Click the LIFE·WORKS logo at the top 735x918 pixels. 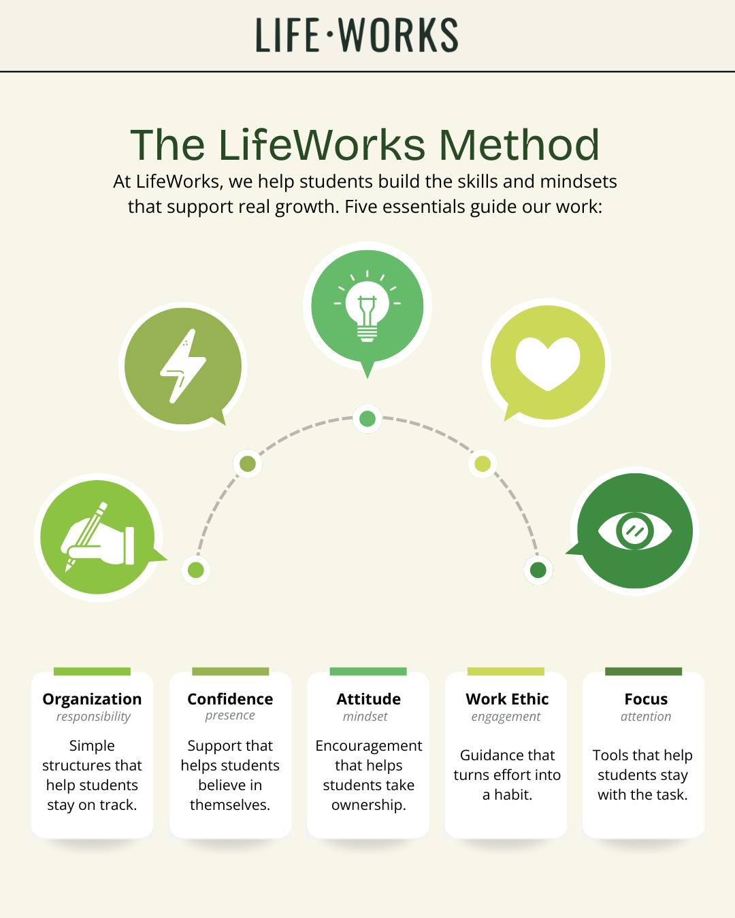(x=357, y=35)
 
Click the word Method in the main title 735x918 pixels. (x=519, y=145)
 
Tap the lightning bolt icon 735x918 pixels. (x=183, y=366)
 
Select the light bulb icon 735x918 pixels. (x=367, y=306)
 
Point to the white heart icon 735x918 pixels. (x=548, y=363)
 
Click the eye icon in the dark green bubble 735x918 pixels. (x=635, y=530)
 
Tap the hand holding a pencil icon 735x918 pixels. (x=97, y=537)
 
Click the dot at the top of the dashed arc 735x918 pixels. (x=367, y=419)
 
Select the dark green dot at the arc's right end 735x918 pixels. (x=538, y=570)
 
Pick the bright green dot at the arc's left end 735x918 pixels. (x=196, y=570)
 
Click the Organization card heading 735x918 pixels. (x=93, y=699)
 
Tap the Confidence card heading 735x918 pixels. (x=230, y=699)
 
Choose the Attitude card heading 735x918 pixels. (x=369, y=699)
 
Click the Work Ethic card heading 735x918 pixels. (x=507, y=699)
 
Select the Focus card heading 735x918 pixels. (x=646, y=699)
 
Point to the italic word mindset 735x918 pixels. (x=365, y=716)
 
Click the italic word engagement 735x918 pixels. (x=506, y=717)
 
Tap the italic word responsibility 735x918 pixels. (x=93, y=717)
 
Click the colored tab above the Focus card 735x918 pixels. (x=644, y=671)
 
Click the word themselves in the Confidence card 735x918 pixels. (x=230, y=805)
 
